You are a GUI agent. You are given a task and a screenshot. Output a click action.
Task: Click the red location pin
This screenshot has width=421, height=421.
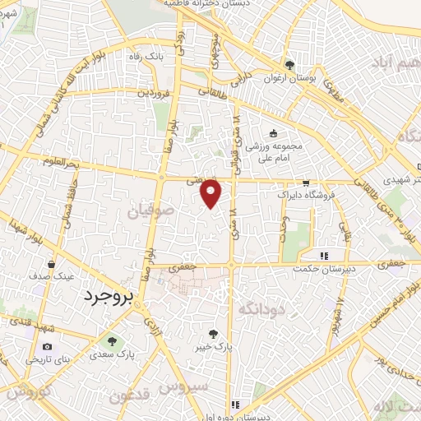(211, 192)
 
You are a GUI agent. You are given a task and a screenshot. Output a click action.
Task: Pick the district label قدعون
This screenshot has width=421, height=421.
(150, 394)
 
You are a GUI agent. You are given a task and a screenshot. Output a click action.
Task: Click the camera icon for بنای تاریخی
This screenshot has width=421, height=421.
(47, 347)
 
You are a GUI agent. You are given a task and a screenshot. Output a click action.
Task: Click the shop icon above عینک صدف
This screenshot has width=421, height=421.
(51, 265)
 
